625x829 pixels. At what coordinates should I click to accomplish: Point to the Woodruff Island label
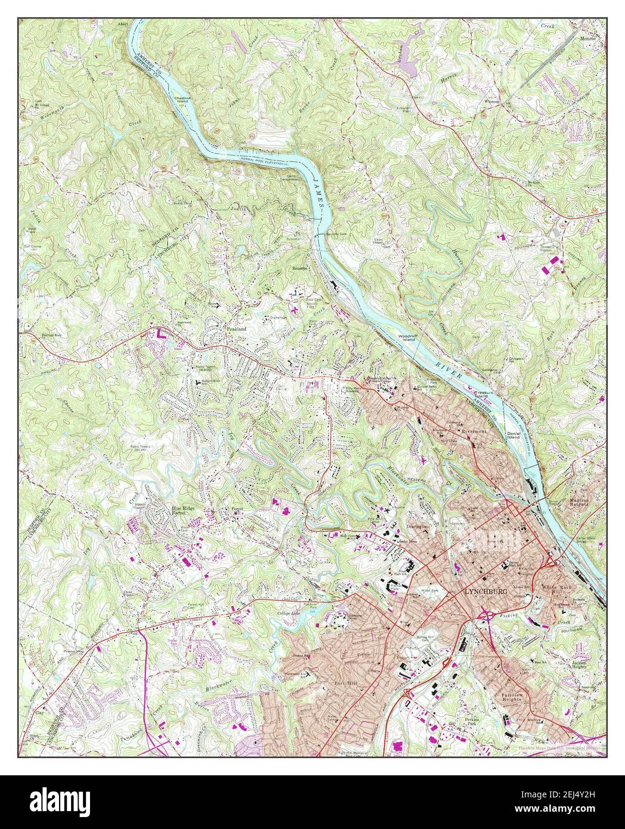click(410, 339)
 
